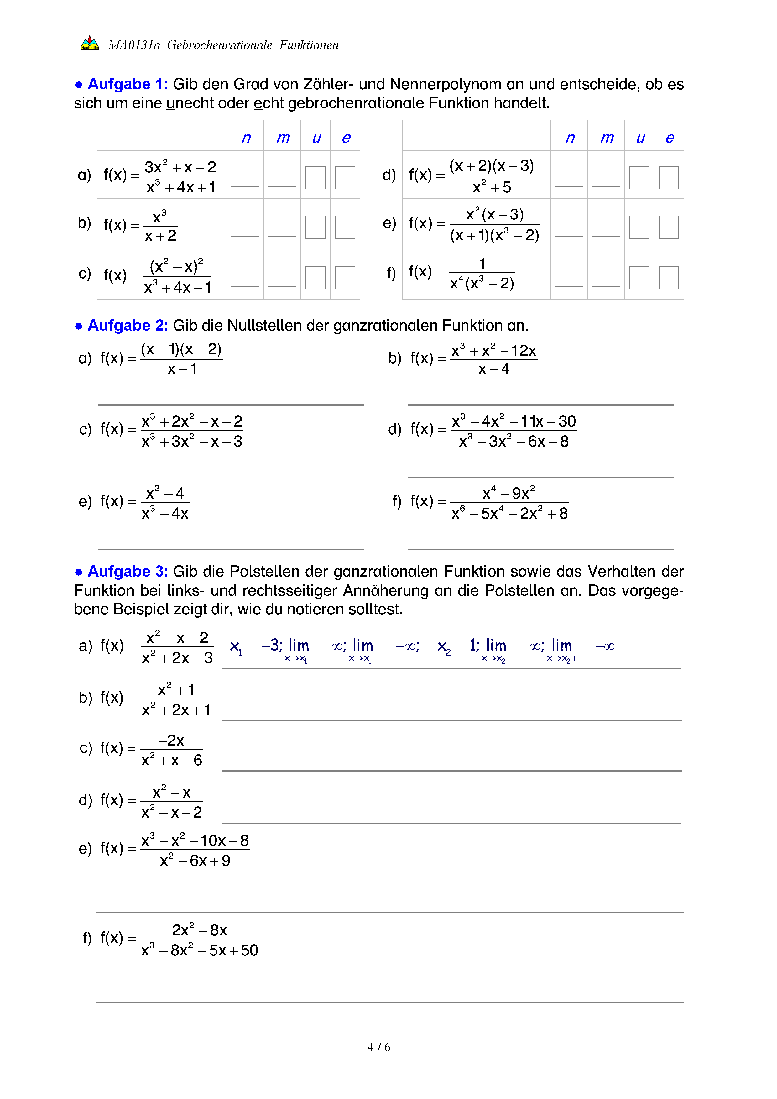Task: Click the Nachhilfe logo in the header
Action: [90, 44]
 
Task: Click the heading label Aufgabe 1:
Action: [127, 84]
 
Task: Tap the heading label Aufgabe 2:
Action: [127, 326]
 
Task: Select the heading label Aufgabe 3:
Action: [127, 572]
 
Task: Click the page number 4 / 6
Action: [379, 1047]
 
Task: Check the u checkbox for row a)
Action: [315, 178]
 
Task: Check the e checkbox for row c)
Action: [345, 278]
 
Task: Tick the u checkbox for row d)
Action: [639, 178]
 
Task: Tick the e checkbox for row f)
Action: [669, 278]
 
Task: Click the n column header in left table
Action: [246, 138]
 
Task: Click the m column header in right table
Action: [607, 138]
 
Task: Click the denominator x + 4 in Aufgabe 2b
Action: [494, 369]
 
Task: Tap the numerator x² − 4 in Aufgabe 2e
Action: [165, 493]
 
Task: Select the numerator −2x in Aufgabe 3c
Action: [171, 741]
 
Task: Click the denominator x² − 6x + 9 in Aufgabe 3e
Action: [195, 861]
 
